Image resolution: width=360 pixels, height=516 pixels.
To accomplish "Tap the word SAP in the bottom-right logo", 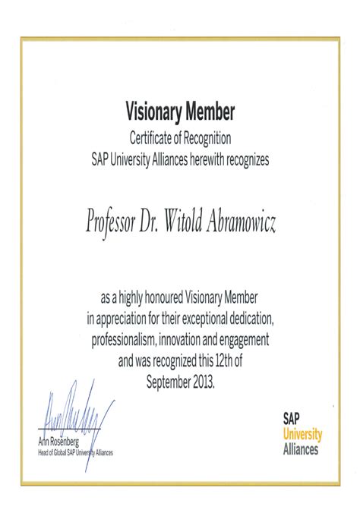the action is (292, 418).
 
